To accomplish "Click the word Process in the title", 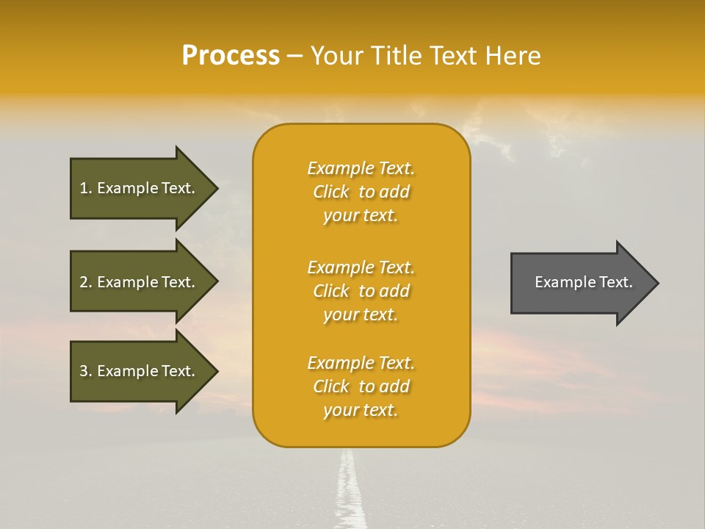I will (231, 56).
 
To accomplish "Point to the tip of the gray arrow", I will (656, 283).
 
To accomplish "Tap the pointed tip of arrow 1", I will (215, 188).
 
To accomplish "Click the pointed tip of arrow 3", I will (215, 371).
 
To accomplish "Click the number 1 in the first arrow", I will (84, 188).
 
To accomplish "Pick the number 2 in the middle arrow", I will (84, 282).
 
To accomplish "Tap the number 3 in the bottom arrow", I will (84, 371).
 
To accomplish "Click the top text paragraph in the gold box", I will (361, 192).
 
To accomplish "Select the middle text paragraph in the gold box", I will (361, 291).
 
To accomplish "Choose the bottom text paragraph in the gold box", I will (361, 386).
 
